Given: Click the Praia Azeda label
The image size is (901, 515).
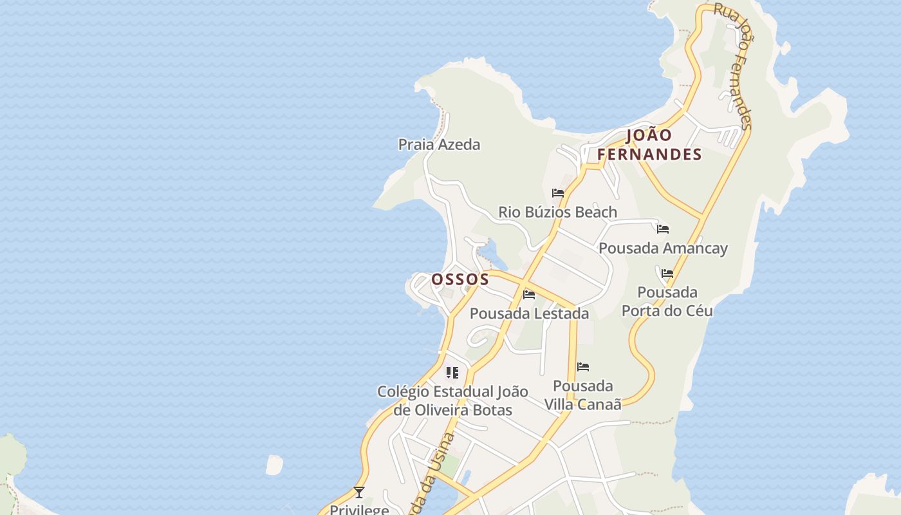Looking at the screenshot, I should point(439,144).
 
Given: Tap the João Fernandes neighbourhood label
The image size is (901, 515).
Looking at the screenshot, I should point(649,145).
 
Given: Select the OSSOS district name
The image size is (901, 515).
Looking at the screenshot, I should point(460,279).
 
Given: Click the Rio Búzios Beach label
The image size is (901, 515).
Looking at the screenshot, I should point(557,212).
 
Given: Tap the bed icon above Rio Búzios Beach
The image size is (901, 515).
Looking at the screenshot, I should point(558,193).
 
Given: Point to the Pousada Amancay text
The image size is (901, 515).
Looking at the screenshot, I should point(663,248).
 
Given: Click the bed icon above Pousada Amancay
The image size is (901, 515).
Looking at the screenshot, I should point(663,229).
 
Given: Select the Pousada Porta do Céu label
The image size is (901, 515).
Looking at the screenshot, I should point(667,301).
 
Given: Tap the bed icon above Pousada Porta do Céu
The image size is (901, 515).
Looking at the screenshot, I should point(667,274).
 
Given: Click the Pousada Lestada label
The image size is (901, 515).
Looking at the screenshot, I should point(529,314).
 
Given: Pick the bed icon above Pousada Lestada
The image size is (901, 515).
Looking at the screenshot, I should point(529,295).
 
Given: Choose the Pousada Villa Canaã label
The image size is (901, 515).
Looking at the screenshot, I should point(583,395).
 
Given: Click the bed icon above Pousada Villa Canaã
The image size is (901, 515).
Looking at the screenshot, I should point(583,367).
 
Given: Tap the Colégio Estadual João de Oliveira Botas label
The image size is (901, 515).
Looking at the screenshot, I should point(452,400).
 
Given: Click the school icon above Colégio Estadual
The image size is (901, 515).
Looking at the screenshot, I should point(452,373).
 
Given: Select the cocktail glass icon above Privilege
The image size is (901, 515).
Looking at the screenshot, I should point(359,492).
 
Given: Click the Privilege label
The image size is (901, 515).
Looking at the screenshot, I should point(359,509).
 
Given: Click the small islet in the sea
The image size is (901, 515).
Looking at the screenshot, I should point(274,465).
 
